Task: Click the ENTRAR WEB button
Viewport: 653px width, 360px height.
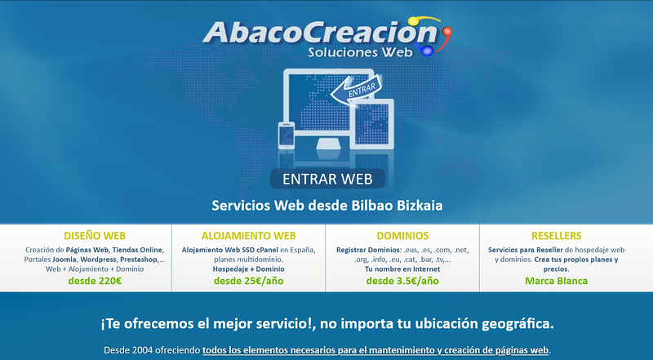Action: coord(326,179)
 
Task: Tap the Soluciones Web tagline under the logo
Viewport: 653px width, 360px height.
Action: coord(361,52)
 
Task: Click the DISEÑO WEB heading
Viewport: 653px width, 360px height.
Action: coord(95,235)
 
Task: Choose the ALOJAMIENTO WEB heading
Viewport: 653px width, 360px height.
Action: coord(248,235)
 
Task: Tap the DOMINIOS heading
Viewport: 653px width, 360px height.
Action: coord(402,235)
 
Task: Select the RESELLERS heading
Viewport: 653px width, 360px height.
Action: coord(556,235)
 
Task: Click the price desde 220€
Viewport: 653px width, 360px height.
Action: coord(95,281)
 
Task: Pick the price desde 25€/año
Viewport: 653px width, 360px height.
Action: coord(248,281)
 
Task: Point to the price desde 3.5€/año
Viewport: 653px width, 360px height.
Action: coord(402,281)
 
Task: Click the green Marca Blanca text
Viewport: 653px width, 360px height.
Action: coord(556,281)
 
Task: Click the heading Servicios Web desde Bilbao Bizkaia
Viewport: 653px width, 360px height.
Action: coord(326,205)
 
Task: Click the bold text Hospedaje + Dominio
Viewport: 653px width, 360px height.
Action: coord(248,269)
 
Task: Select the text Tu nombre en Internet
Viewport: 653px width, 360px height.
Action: coord(402,269)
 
